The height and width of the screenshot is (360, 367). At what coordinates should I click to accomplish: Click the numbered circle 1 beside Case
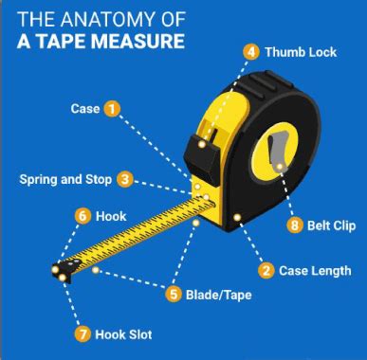click(x=112, y=109)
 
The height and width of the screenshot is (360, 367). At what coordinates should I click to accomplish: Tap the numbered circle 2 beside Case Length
click(x=266, y=270)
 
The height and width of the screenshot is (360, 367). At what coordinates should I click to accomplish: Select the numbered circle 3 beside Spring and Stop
click(x=125, y=178)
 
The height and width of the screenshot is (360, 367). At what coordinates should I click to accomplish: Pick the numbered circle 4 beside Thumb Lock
click(x=250, y=51)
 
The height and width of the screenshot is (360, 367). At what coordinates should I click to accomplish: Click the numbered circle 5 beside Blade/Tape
click(x=173, y=294)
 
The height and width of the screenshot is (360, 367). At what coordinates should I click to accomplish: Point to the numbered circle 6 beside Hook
click(x=83, y=216)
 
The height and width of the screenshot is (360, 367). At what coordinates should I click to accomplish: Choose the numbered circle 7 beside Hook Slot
click(x=83, y=333)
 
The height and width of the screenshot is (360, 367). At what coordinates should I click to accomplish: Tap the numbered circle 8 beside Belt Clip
click(x=294, y=225)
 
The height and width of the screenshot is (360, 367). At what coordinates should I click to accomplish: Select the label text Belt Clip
click(x=332, y=225)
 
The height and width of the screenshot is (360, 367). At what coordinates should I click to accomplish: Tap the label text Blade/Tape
click(x=219, y=295)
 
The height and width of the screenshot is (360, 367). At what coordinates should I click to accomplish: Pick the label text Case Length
click(x=317, y=271)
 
